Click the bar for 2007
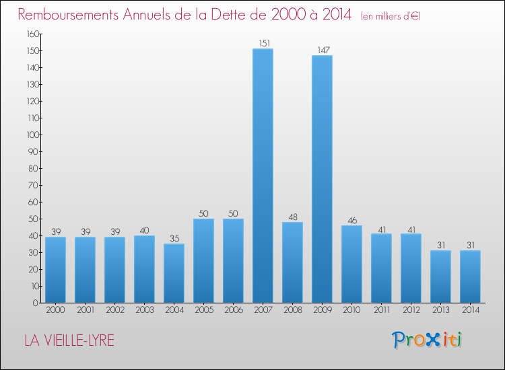click(x=263, y=176)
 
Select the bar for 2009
click(x=322, y=179)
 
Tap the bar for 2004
click(x=174, y=273)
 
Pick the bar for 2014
click(x=470, y=276)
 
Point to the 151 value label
click(x=263, y=44)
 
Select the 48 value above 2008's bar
click(x=292, y=217)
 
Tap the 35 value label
click(x=174, y=239)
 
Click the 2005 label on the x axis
click(x=203, y=310)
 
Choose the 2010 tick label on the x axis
click(x=351, y=310)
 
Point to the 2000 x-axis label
click(x=55, y=310)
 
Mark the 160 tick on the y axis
click(x=32, y=34)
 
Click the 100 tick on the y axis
click(x=32, y=135)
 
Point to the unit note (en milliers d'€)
click(x=391, y=16)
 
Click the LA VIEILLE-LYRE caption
click(x=69, y=340)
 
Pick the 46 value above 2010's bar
click(x=351, y=221)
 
